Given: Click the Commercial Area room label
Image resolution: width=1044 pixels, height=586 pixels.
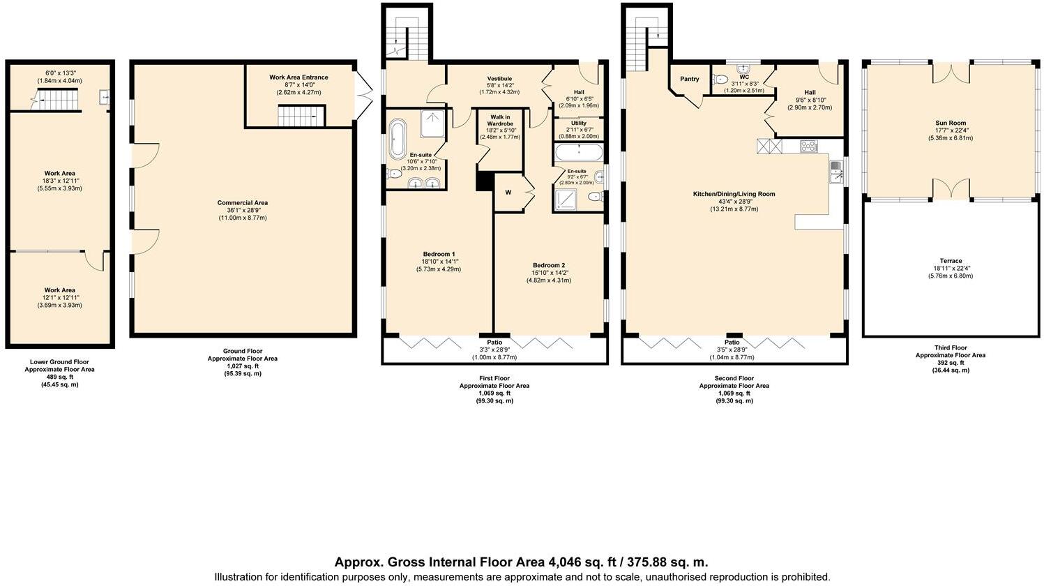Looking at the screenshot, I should pos(242,203).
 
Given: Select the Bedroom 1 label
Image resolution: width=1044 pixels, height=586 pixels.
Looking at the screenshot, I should pos(439,254).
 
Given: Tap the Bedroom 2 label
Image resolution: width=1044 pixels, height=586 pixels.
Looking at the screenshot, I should pos(548,266).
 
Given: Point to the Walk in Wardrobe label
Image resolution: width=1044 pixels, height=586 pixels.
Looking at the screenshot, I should pos(500,120).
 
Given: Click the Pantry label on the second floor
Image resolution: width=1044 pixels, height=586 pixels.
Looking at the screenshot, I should pos(689,80).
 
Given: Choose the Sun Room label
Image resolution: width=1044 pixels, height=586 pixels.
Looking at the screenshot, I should pos(949,123).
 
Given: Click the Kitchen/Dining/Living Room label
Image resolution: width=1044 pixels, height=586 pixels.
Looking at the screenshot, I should pos(734,194).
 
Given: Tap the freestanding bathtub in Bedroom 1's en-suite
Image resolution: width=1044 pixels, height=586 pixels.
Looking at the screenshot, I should pos(398,140).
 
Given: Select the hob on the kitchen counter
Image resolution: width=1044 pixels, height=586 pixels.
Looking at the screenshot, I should pos(808,146).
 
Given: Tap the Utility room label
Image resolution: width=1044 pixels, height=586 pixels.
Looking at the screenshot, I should pos(578,123).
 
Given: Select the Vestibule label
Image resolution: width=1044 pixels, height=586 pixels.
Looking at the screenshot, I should pos(499,78).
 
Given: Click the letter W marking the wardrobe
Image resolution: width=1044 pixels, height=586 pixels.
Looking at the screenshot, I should pos(508,193).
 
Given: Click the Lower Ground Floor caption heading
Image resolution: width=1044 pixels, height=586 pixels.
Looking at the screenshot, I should pos(59,362).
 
